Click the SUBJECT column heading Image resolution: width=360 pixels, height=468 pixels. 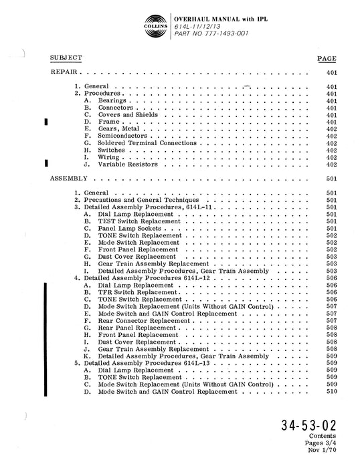pos(67,58)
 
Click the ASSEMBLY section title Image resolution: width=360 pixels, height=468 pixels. pos(70,179)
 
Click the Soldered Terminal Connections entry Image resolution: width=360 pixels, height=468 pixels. pos(147,143)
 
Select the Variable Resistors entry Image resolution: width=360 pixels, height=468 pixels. pos(128,164)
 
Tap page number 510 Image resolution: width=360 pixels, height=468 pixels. pos(331,391)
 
